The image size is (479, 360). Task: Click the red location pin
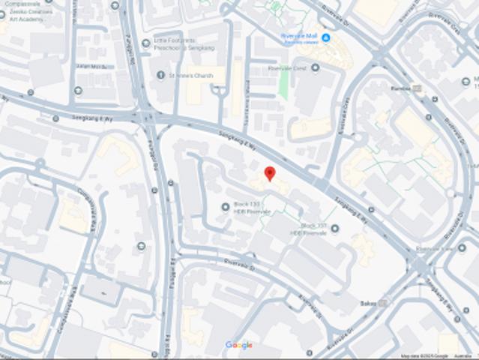(270, 174)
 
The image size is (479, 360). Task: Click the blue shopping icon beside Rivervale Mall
(326, 37)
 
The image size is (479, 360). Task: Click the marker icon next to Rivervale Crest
(315, 67)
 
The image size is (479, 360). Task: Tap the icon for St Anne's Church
(160, 74)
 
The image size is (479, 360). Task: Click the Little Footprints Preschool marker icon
(145, 42)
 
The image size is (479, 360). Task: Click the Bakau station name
(369, 302)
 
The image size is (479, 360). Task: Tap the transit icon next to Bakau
(384, 302)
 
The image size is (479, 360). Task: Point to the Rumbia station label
(403, 88)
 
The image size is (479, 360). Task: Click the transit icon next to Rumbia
(418, 88)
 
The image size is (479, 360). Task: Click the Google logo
(239, 345)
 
